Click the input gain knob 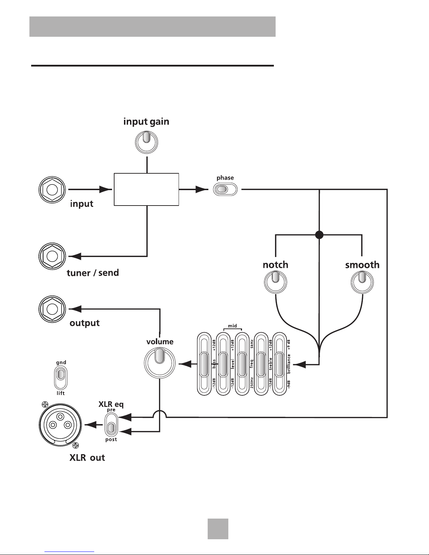pyautogui.click(x=147, y=142)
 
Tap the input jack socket pyautogui.click(x=52, y=190)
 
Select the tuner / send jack pyautogui.click(x=52, y=256)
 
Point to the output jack pyautogui.click(x=52, y=309)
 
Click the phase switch pyautogui.click(x=225, y=189)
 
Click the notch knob pyautogui.click(x=276, y=282)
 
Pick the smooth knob pyautogui.click(x=362, y=282)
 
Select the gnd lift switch pyautogui.click(x=61, y=377)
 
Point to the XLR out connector pyautogui.click(x=60, y=425)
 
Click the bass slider pyautogui.click(x=204, y=364)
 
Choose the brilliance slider pyautogui.click(x=279, y=364)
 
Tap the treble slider pyautogui.click(x=261, y=364)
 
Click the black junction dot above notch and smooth pyautogui.click(x=319, y=235)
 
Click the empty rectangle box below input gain pyautogui.click(x=146, y=189)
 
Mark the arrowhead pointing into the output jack pyautogui.click(x=75, y=309)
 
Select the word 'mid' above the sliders pyautogui.click(x=233, y=326)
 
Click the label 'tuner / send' pyautogui.click(x=93, y=273)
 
